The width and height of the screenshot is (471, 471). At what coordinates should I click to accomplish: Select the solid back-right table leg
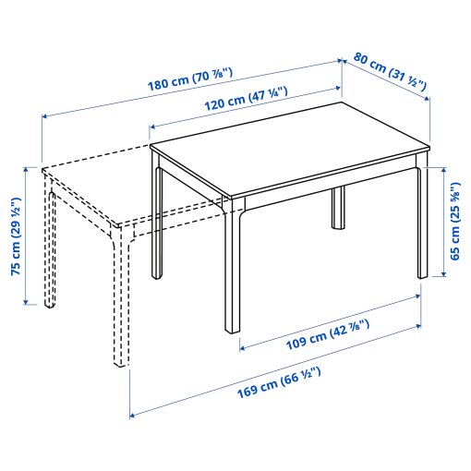[338, 208]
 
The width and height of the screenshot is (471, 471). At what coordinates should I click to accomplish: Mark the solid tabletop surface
[286, 148]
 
